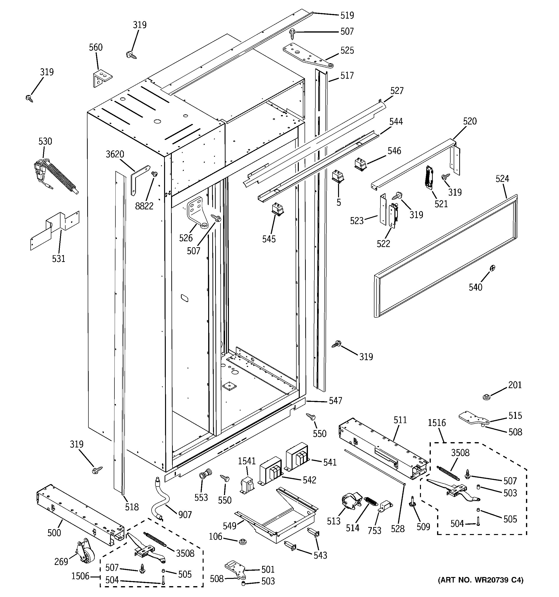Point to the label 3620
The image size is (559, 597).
(x=115, y=154)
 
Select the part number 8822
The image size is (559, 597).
(x=144, y=206)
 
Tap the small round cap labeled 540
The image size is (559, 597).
(x=492, y=268)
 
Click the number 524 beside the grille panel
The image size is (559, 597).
(x=502, y=179)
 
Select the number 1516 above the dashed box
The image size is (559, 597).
(x=437, y=423)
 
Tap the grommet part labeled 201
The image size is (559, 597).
(x=486, y=397)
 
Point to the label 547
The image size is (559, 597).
(x=335, y=401)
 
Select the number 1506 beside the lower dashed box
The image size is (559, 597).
(x=80, y=576)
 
